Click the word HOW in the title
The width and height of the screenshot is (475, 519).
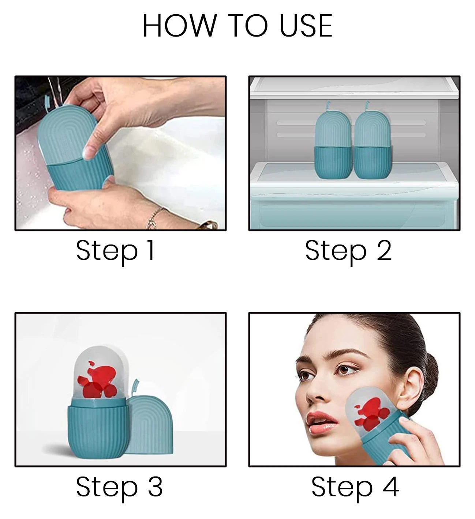(180, 26)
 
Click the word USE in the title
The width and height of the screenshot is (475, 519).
(307, 26)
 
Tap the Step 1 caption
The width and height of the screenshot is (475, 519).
(116, 251)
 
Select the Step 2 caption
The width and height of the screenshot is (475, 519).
(348, 251)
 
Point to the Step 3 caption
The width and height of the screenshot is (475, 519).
(119, 487)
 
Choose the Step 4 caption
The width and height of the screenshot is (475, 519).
(355, 487)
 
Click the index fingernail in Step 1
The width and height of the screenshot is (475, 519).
(89, 153)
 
